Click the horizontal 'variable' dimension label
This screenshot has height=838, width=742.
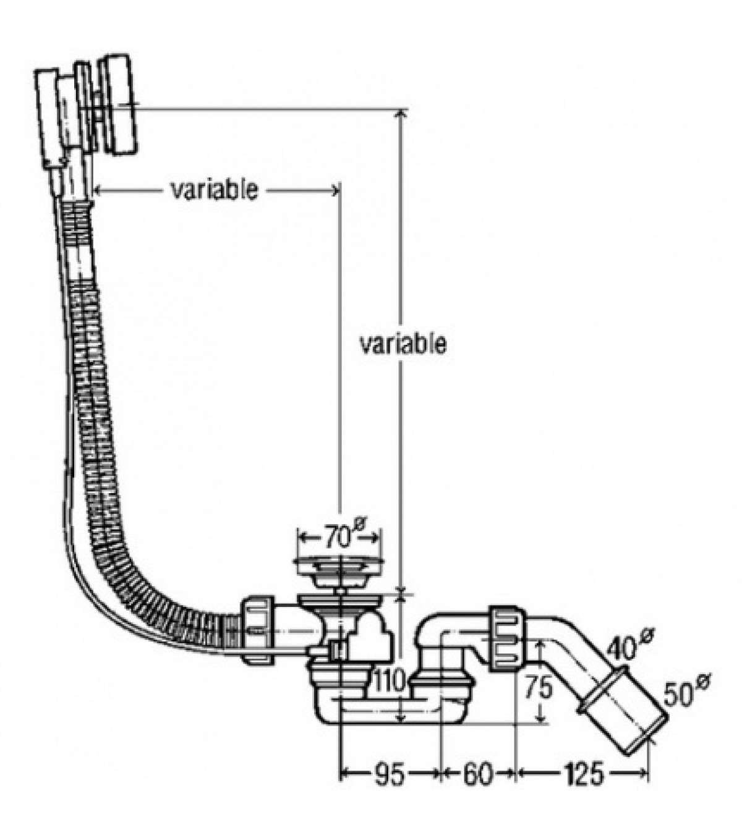[x=214, y=190]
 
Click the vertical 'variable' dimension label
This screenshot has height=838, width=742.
[x=403, y=344]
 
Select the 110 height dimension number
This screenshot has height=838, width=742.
[x=390, y=683]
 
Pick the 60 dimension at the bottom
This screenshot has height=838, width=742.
[x=477, y=773]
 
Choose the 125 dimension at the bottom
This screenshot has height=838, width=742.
[x=581, y=773]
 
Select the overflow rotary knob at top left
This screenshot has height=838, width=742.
[x=118, y=105]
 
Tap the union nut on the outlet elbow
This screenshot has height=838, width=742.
[x=508, y=639]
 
